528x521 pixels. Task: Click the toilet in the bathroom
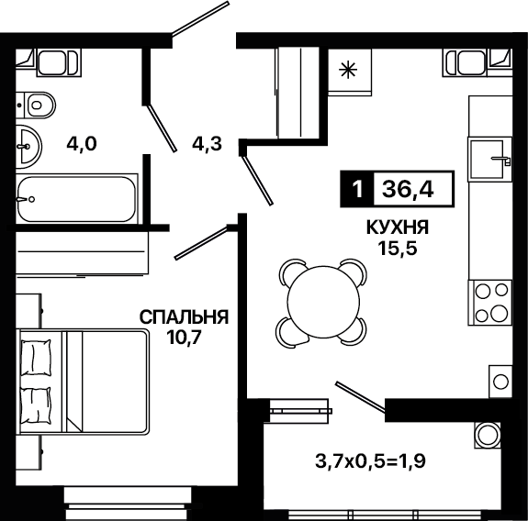pos(36,105)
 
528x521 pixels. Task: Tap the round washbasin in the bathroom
pos(28,147)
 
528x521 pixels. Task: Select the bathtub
pos(77,199)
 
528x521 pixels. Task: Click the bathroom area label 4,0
pos(82,144)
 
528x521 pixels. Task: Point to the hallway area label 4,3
pos(208,144)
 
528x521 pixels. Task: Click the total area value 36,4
pos(408,189)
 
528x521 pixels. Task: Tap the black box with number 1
pos(357,189)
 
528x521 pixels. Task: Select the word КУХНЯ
pos(398,227)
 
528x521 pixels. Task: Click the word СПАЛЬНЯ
pos(185,316)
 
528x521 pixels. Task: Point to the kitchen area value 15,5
pos(398,249)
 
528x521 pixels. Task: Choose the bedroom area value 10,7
pos(185,338)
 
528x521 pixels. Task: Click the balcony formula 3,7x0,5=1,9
pos(370,461)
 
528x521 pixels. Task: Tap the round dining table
pos(322,302)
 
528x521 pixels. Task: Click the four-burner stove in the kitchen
pos(490,303)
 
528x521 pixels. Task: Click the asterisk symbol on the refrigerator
pos(348,70)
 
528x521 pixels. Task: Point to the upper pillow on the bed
pos(36,357)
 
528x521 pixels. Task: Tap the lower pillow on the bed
pos(36,405)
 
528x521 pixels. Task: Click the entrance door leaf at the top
pos(201,18)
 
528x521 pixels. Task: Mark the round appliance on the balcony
pos(487,435)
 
